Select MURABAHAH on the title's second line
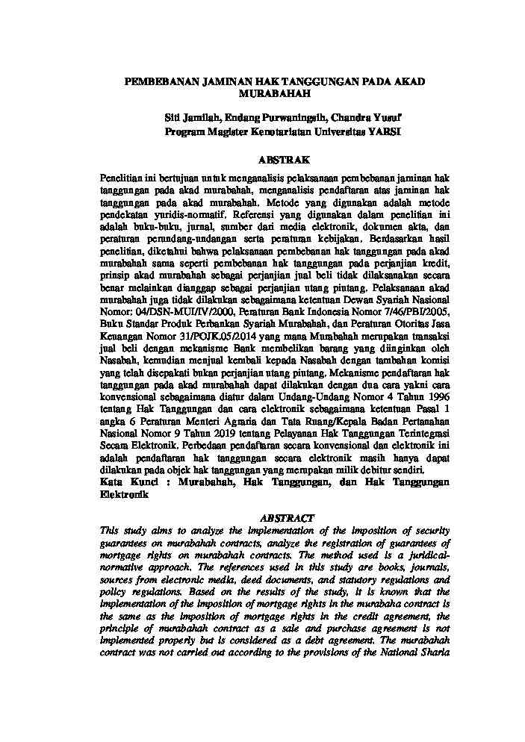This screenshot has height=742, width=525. [274, 95]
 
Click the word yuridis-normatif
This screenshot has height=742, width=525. [180, 212]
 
